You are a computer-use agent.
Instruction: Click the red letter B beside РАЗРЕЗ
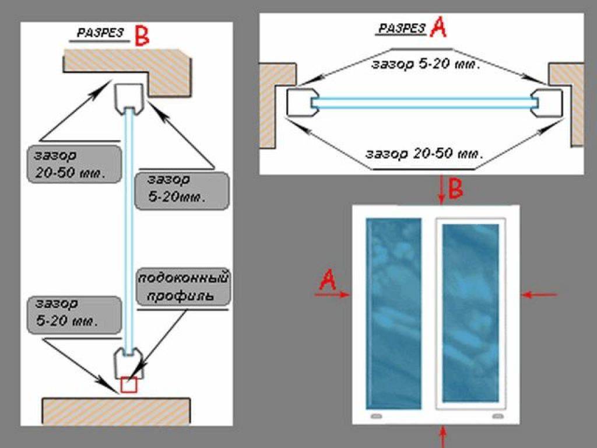pyautogui.click(x=142, y=36)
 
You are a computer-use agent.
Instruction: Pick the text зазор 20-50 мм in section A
pyautogui.click(x=424, y=155)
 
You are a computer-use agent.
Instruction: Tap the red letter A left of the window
pyautogui.click(x=328, y=282)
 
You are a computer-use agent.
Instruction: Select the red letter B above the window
pyautogui.click(x=455, y=189)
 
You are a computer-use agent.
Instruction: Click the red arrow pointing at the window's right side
pyautogui.click(x=539, y=295)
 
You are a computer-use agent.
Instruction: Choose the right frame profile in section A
pyautogui.click(x=548, y=103)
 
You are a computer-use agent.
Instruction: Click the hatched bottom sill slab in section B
pyautogui.click(x=116, y=411)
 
